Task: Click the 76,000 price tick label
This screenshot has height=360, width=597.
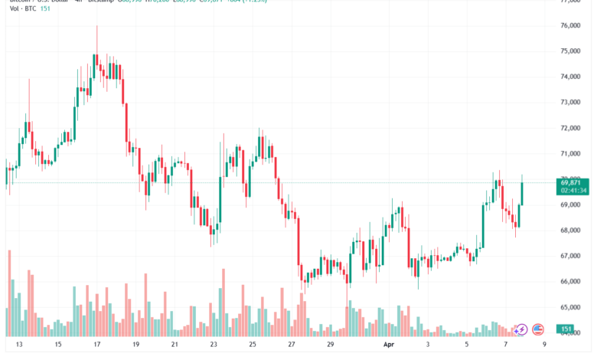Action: [569, 26]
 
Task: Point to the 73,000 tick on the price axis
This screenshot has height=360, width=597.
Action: [569, 103]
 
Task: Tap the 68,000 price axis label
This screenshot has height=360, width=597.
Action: [569, 231]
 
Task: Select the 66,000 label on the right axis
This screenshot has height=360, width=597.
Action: [569, 282]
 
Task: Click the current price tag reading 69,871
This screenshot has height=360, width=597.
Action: [573, 182]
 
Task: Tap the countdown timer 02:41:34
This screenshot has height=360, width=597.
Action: [573, 191]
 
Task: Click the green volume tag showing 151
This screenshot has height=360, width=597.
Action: [567, 329]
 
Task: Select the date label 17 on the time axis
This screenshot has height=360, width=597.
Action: [96, 345]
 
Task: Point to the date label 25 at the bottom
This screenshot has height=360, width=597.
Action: [253, 345]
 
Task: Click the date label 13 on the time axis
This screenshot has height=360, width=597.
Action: [18, 345]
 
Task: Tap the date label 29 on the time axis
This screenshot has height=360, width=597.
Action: [330, 345]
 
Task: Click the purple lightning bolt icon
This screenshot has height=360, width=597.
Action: [520, 329]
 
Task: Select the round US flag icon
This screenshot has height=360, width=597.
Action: [538, 329]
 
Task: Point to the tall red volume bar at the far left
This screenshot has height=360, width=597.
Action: [9, 291]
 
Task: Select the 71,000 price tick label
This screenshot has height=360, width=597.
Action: [569, 154]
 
